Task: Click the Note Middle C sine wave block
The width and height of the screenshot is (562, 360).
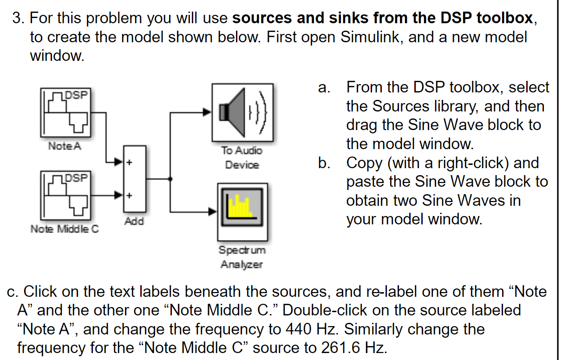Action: pyautogui.click(x=65, y=195)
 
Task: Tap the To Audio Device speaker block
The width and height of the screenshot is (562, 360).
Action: pyautogui.click(x=242, y=112)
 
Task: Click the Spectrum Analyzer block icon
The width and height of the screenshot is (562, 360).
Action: pyautogui.click(x=242, y=211)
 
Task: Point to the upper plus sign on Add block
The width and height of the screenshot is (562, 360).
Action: pyautogui.click(x=130, y=163)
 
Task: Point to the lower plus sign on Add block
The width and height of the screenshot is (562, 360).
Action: pyautogui.click(x=130, y=196)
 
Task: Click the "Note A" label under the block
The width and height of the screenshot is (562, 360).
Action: pyautogui.click(x=65, y=146)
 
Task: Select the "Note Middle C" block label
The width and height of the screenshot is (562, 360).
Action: pyautogui.click(x=65, y=229)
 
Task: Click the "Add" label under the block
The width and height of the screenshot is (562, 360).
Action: pyautogui.click(x=134, y=222)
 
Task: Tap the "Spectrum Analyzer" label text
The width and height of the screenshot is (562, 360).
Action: pyautogui.click(x=242, y=257)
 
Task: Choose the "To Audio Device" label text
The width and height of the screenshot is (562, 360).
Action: pyautogui.click(x=242, y=157)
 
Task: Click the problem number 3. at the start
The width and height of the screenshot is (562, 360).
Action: pyautogui.click(x=18, y=18)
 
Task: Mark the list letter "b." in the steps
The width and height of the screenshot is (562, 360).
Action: pyautogui.click(x=325, y=163)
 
